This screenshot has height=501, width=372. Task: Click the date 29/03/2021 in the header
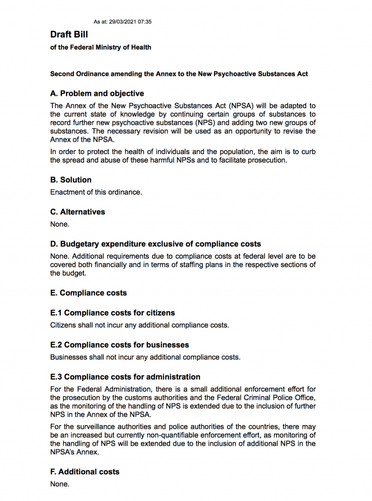[x=124, y=22]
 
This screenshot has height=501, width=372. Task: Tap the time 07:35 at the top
[x=145, y=22]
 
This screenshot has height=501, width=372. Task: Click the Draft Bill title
[x=69, y=34]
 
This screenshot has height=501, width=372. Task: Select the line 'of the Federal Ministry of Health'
[x=101, y=47]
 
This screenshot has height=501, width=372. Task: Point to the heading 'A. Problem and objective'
[x=97, y=93]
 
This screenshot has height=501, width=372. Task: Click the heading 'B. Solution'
[x=71, y=180]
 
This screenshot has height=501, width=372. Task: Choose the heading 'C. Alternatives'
[x=77, y=212]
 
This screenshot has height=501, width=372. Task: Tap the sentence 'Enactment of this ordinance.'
[x=96, y=192]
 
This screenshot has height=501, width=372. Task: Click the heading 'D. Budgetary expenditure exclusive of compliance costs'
[x=155, y=244]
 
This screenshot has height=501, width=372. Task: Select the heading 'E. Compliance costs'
[x=89, y=293]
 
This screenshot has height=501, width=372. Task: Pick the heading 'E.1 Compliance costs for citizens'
[x=112, y=313]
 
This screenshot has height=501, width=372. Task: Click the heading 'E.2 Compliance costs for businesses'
[x=120, y=345]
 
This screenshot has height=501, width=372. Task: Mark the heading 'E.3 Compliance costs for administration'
[x=125, y=377]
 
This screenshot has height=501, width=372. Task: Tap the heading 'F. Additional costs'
[x=85, y=471]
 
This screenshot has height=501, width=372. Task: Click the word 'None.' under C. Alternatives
[x=60, y=225]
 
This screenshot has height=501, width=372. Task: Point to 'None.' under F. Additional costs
[x=60, y=484]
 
